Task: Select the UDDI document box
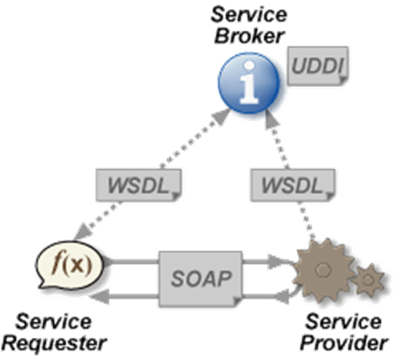pos(317,66)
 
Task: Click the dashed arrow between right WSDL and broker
pos(277,139)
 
